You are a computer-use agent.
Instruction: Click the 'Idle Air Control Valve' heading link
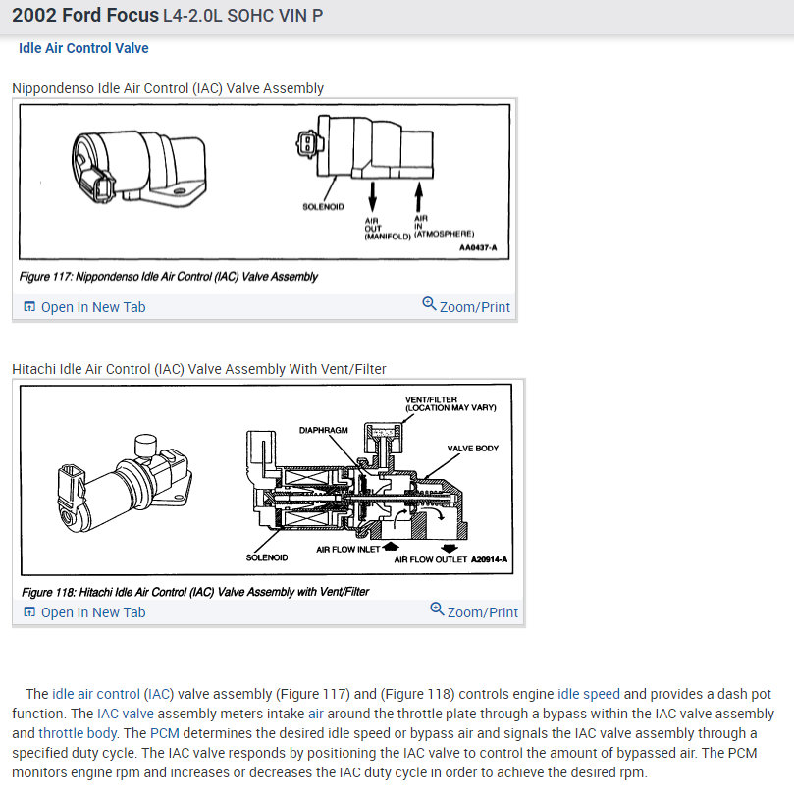(x=83, y=48)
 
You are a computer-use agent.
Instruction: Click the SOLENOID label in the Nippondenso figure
(x=323, y=207)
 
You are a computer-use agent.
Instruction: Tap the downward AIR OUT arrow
(x=372, y=197)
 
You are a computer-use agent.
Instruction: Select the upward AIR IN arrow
(x=419, y=196)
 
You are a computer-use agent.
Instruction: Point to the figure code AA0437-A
(x=478, y=247)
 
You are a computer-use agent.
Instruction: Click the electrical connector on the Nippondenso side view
(x=307, y=144)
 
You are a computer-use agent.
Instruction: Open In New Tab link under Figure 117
(x=85, y=307)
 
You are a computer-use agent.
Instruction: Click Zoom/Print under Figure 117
(x=466, y=306)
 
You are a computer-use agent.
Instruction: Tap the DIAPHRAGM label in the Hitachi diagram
(x=324, y=430)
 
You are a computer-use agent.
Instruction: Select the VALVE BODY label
(x=472, y=449)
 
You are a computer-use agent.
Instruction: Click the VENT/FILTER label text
(x=431, y=399)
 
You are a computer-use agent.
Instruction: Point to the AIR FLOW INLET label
(x=347, y=550)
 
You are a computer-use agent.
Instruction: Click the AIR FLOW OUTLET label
(x=431, y=559)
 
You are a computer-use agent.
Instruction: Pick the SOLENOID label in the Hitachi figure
(x=267, y=557)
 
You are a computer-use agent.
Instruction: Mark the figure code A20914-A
(x=489, y=559)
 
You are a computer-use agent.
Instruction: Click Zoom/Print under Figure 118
(x=474, y=611)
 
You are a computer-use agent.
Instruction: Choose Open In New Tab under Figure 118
(x=85, y=612)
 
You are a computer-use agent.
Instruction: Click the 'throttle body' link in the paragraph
(x=78, y=733)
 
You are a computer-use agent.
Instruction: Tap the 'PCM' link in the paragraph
(x=165, y=733)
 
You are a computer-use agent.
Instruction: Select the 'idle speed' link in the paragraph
(x=589, y=694)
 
